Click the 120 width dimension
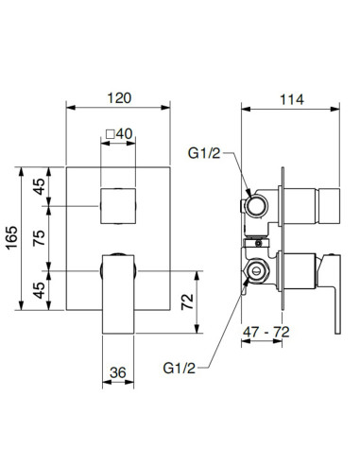point(119,97)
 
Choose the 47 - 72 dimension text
point(266,334)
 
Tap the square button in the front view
point(119,204)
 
